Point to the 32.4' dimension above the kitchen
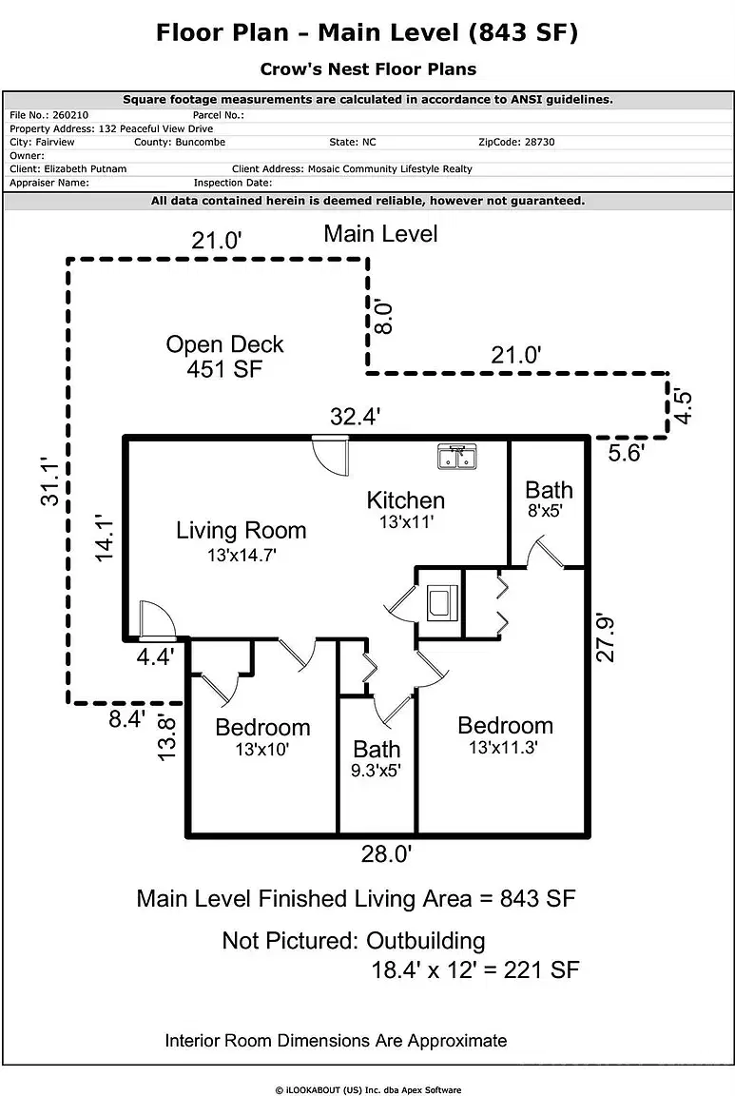pos(356,416)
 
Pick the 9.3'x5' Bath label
pos(377,759)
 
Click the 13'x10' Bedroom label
pos(262,737)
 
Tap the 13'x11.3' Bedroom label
pos(505,735)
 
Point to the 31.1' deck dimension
pos(52,484)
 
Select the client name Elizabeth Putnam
pos(86,168)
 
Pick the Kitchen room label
pos(406,499)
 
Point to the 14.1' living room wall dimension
pos(106,538)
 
